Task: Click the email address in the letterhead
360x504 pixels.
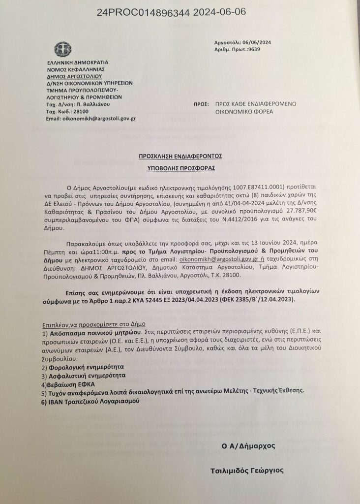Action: pos(91,119)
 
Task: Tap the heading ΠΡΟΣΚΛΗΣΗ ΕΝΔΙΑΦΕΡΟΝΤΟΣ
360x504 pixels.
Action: pos(180,156)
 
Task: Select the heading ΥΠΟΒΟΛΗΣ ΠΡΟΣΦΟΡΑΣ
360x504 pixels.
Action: pos(180,168)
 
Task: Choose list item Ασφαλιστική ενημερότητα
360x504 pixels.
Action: pos(85,375)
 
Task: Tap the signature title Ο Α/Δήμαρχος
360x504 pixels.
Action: pos(248,446)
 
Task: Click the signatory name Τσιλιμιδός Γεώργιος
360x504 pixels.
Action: pos(246,471)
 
